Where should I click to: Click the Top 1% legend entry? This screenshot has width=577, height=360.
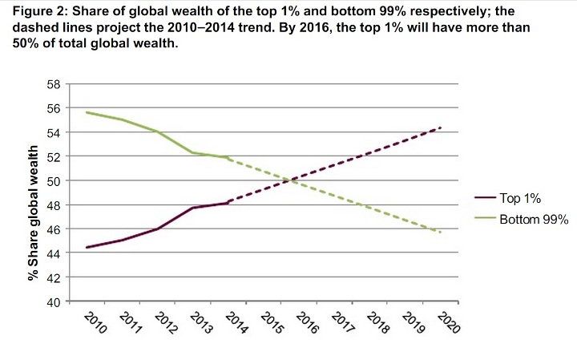[520, 197]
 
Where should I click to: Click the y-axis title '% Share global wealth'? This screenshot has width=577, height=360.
[34, 212]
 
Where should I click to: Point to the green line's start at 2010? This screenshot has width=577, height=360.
[87, 112]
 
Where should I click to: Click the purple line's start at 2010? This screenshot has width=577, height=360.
[87, 247]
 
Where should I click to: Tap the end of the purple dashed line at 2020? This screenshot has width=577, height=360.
[441, 127]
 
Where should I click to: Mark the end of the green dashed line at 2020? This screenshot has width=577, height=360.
[441, 233]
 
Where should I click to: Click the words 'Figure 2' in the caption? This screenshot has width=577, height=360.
[36, 11]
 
